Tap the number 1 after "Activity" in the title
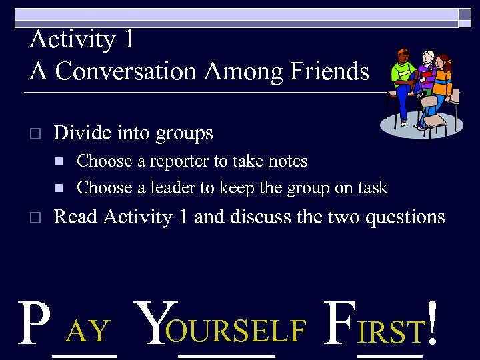[128, 39]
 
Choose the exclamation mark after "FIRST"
[433, 324]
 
